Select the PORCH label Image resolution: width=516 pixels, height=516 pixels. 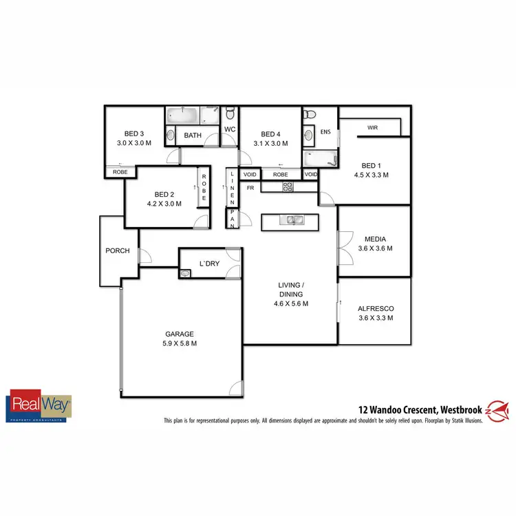point(118,250)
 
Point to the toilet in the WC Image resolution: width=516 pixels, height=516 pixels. point(230,114)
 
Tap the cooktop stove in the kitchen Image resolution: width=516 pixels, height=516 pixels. point(288,186)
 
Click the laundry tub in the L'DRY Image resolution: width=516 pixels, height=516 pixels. point(184,274)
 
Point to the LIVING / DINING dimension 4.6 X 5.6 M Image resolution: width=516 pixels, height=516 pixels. point(290,303)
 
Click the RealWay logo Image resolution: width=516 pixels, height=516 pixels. point(39,406)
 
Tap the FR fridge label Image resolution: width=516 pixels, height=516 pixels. point(250,187)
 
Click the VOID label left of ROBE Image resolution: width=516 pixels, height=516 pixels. point(249,175)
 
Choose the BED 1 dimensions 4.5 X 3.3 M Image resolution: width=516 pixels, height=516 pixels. point(370,175)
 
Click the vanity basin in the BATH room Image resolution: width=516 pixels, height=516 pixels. point(170,135)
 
